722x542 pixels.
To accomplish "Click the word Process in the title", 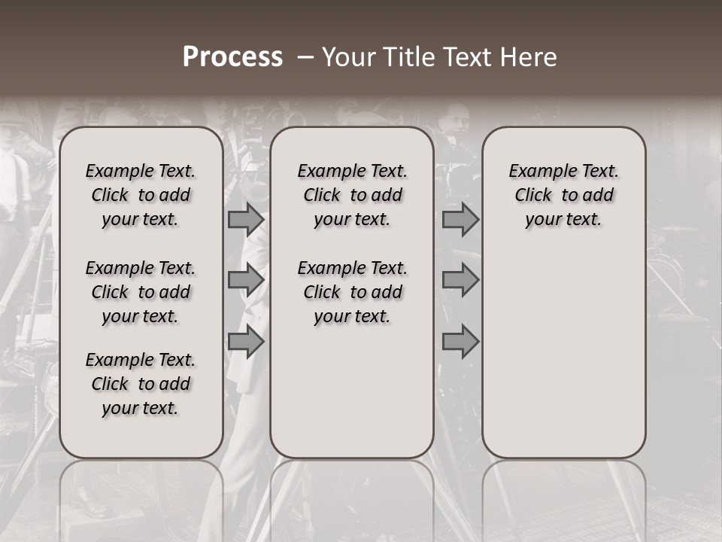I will click(232, 57).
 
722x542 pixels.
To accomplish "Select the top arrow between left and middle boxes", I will click(246, 219).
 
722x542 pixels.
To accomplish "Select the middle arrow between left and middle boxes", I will click(246, 280).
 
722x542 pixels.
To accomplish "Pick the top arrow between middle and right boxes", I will click(460, 219).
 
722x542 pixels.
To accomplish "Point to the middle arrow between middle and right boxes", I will click(460, 280).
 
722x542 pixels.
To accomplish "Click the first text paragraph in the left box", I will click(141, 195).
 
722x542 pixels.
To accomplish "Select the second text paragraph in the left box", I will click(141, 292).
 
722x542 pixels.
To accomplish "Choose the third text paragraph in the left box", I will click(141, 384).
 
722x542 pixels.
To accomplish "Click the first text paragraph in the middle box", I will click(352, 195).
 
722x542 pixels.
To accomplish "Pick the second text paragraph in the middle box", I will click(352, 292).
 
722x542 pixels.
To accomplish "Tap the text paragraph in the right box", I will click(564, 195).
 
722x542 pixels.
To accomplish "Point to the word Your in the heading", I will click(350, 57).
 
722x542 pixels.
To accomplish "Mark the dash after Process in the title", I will click(305, 57).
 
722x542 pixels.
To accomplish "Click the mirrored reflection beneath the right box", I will click(564, 497).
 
